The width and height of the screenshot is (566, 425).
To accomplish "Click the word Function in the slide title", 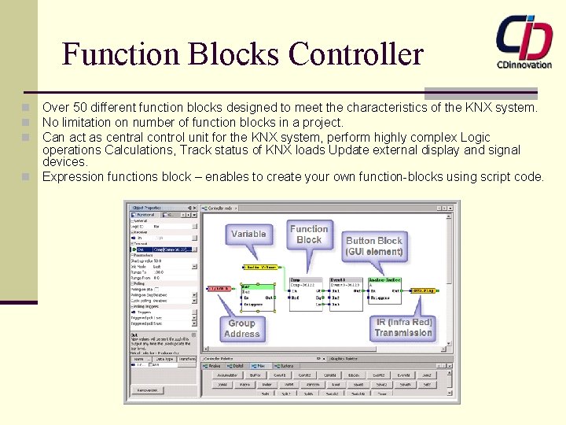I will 121,54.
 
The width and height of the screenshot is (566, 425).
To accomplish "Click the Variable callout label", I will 248,234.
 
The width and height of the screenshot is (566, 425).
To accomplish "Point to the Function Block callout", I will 309,234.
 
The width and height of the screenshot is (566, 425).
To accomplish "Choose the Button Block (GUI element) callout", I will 374,246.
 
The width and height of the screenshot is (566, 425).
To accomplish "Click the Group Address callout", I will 241,328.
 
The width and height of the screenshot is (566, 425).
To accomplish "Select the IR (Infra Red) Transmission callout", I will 403,327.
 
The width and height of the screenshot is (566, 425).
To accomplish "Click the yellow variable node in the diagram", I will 262,267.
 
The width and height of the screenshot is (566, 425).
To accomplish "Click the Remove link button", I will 149,390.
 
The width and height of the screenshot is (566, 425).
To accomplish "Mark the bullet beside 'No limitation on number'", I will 26,123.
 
